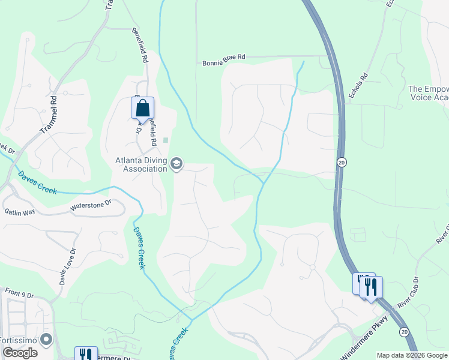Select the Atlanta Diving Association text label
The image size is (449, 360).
pos(141,164)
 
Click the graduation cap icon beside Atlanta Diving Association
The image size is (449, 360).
pos(176,164)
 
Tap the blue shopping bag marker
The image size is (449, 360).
pos(142,109)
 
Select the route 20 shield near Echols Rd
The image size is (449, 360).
pos(342,162)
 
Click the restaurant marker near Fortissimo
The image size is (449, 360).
pos(86,355)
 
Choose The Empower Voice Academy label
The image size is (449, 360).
pos(429,93)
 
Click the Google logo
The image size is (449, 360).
pos(20,353)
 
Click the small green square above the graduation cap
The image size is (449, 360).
pos(166,140)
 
